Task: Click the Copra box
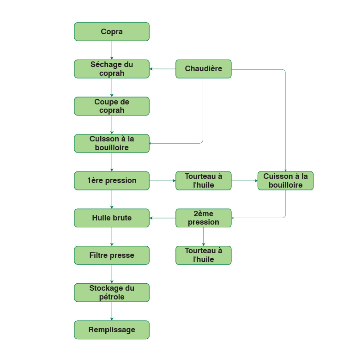[112, 31]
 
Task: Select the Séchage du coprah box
[112, 69]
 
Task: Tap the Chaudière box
[203, 69]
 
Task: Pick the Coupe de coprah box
[112, 106]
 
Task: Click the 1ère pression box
[112, 181]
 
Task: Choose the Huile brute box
[112, 218]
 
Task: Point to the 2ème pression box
[203, 218]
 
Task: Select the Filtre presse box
[112, 255]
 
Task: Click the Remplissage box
[112, 330]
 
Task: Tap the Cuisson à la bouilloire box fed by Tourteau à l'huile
[285, 181]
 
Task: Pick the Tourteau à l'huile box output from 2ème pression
[203, 255]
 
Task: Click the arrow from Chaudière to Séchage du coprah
[163, 69]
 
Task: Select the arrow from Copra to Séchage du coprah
[112, 50]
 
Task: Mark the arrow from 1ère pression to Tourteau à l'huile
[163, 181]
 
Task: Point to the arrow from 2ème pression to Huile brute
[163, 218]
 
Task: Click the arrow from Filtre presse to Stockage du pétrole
[112, 274]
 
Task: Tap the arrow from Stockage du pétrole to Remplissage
[112, 311]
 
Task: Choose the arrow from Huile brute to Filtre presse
[112, 236]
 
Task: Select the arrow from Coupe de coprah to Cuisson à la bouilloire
[112, 124]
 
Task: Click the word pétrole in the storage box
[112, 297]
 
